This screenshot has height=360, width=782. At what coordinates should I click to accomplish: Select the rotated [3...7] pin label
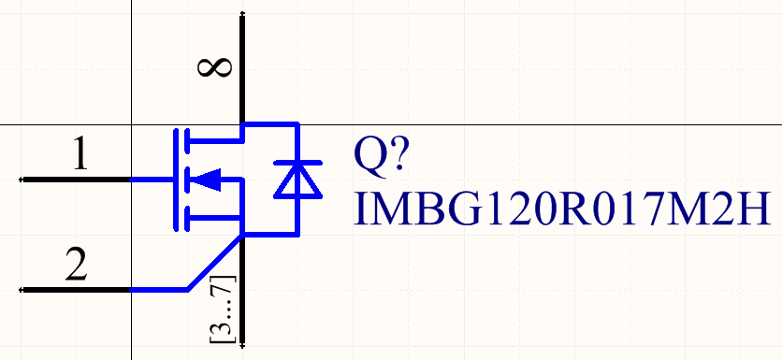pos(223,309)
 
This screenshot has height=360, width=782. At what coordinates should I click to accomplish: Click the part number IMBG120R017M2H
pos(562,209)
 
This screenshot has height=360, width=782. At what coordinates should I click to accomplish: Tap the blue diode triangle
pos(297,181)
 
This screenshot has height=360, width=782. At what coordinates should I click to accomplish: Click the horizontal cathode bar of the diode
pos(297,164)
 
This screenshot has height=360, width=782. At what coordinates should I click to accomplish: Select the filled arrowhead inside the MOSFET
pos(210,179)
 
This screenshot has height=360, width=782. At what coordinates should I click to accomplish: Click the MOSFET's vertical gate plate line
pos(174,179)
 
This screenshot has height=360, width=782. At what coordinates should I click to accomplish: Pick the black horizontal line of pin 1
pos(75,179)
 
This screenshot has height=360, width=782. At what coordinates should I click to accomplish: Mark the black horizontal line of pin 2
pos(75,291)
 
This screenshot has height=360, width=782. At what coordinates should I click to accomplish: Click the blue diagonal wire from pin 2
pos(213,265)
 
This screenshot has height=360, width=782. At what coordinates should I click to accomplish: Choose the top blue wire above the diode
pos(270,124)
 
